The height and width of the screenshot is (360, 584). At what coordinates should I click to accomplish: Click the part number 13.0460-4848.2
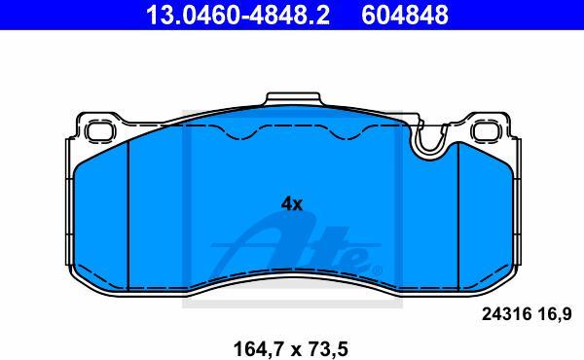pyautogui.click(x=237, y=16)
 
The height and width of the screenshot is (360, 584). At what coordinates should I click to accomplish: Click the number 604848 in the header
pyautogui.click(x=405, y=16)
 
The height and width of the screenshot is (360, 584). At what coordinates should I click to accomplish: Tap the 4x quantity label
pyautogui.click(x=292, y=204)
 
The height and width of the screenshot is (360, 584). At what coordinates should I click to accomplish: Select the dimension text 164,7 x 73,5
pyautogui.click(x=290, y=349)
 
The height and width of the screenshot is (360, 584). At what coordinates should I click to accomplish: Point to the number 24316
pyautogui.click(x=506, y=314)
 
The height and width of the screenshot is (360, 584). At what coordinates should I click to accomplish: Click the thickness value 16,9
pyautogui.click(x=555, y=315)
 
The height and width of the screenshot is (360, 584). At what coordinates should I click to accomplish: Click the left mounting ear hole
pyautogui.click(x=100, y=130)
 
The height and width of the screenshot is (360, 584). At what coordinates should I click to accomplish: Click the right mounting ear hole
pyautogui.click(x=487, y=130)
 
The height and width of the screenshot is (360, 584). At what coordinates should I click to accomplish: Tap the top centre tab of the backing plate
pyautogui.click(x=293, y=98)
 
